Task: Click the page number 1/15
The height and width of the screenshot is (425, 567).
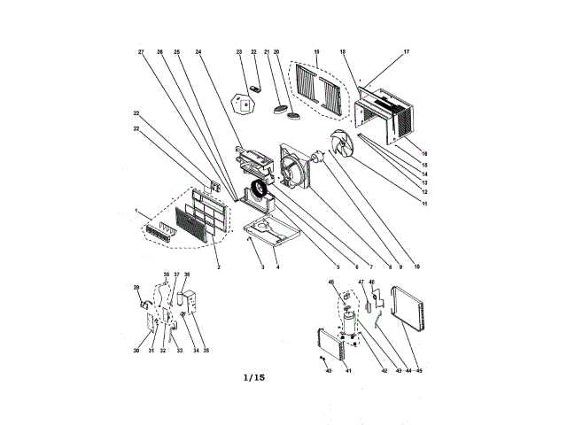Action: pos(254,378)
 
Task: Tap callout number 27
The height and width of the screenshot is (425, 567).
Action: pos(141,52)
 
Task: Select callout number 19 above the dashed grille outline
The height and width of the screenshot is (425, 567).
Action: pos(315,52)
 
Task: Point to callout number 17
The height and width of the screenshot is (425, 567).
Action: pos(407,52)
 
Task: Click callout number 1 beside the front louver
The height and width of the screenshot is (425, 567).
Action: pos(137,211)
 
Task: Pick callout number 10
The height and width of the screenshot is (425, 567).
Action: pos(416,267)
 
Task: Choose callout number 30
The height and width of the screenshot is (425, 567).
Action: pos(136,352)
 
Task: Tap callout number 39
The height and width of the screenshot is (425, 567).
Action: pos(136,288)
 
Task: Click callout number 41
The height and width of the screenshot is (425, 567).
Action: pos(349,370)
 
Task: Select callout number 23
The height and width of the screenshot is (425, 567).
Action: pos(239,52)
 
